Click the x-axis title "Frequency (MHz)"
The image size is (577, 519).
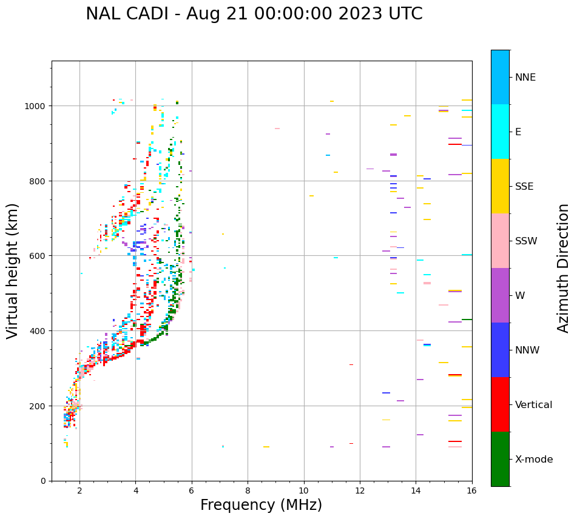click(261, 505)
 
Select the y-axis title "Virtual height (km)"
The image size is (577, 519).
click(13, 271)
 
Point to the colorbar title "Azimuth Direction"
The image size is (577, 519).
click(564, 268)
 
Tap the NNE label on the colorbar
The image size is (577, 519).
click(525, 77)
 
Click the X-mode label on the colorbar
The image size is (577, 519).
click(534, 459)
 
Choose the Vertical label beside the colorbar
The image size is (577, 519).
click(534, 404)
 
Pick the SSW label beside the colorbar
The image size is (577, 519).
click(526, 241)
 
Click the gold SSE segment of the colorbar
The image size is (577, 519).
click(500, 186)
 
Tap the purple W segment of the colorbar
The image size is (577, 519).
click(500, 295)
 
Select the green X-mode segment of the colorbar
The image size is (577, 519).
click(500, 459)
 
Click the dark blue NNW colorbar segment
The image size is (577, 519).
click(500, 350)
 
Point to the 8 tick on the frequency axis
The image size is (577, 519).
click(248, 490)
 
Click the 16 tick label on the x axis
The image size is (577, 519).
click(472, 490)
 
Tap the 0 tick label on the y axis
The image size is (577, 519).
click(44, 481)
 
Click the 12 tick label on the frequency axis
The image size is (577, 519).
click(360, 490)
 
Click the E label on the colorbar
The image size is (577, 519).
click(518, 132)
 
